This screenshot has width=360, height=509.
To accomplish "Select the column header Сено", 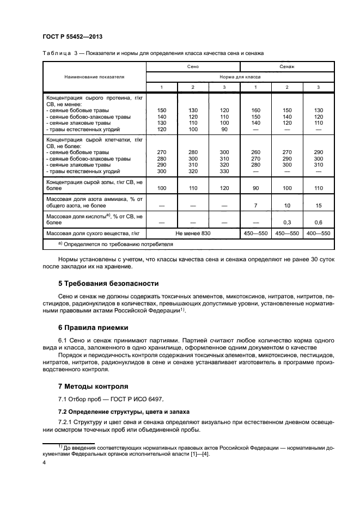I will (193, 66).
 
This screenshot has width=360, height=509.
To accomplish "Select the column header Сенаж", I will (287, 66).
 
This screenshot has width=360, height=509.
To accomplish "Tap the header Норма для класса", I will (240, 77).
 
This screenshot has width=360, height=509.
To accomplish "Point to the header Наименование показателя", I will (94, 77).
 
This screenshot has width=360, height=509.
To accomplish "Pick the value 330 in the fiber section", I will (225, 171).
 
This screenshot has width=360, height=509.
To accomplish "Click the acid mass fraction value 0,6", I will (319, 222).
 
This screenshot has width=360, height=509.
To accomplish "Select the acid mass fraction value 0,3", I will (288, 222).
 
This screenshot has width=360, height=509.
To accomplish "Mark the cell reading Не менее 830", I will (193, 233).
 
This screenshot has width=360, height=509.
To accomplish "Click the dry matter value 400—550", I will (319, 233).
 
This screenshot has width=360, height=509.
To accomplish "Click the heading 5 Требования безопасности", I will (108, 284).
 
